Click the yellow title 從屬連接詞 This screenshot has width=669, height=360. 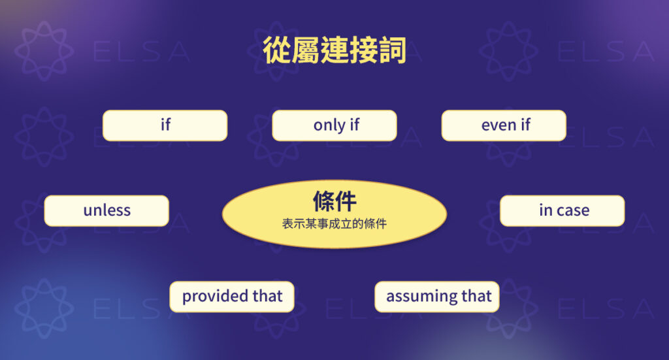point(334,50)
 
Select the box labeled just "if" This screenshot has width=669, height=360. point(165,125)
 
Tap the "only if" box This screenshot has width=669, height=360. point(334,125)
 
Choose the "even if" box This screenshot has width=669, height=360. point(504,125)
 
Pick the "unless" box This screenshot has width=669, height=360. point(106,210)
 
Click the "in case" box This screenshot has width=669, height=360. point(562,210)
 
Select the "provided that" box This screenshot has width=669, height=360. point(232,296)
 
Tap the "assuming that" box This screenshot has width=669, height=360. point(437,297)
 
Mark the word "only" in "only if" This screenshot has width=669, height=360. point(329,125)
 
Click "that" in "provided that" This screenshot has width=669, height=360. point(267,296)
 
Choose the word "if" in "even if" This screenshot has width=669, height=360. point(525,125)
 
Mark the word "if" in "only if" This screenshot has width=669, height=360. point(354,125)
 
